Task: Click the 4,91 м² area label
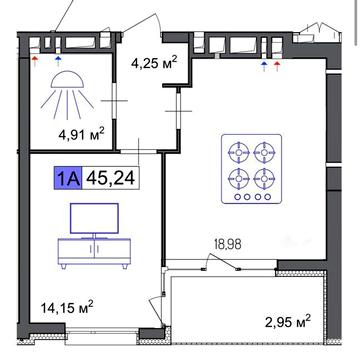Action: [82, 135]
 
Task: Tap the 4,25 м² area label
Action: [154, 63]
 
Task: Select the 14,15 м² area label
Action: [67, 307]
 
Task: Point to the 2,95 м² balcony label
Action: [287, 321]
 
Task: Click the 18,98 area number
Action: [226, 245]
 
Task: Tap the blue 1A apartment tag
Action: [68, 178]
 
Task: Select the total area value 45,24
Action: [110, 178]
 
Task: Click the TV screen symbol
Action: [94, 218]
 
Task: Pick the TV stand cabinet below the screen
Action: [94, 251]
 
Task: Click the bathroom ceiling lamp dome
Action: [68, 81]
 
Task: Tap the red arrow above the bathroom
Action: [35, 60]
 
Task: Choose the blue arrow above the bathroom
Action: [58, 60]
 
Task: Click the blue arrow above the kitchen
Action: [264, 66]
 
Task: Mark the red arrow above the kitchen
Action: [277, 66]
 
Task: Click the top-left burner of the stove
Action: [239, 153]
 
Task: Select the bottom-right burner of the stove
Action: [264, 179]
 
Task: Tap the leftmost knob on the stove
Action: [237, 197]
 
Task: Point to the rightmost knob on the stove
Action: [267, 197]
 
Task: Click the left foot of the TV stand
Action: [63, 266]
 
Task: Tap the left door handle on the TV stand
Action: [90, 248]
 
